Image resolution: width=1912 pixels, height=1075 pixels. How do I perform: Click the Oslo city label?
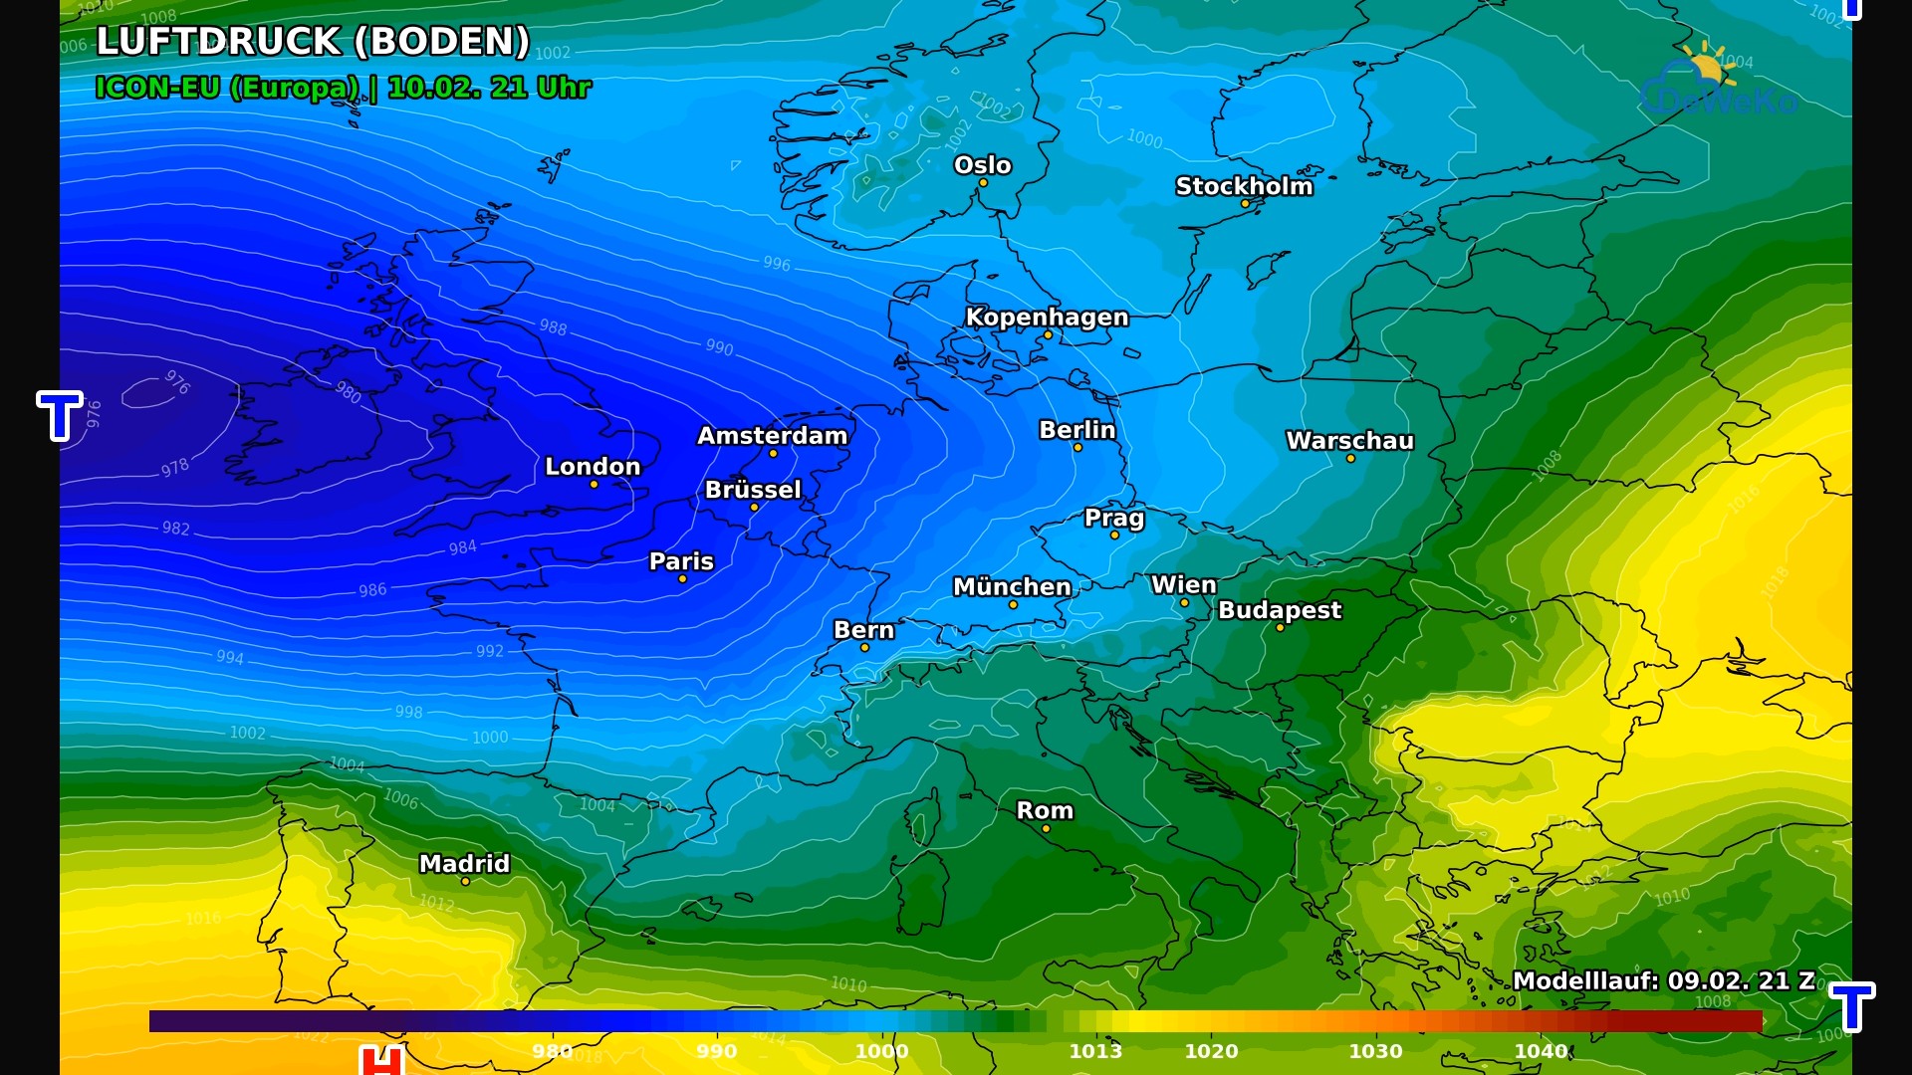(982, 165)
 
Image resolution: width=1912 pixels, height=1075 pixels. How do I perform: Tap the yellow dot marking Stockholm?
(1245, 204)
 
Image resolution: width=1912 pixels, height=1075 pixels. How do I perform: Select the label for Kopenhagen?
(1047, 318)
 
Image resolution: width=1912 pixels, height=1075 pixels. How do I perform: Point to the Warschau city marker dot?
(1350, 459)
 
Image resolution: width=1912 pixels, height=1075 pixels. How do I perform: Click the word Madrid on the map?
(464, 864)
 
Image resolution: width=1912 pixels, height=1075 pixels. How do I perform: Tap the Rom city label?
(1045, 811)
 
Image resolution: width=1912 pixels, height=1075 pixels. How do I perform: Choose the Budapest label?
(1280, 610)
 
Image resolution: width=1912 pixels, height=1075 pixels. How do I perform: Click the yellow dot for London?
(594, 485)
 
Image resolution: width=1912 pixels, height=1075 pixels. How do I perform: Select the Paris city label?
(681, 561)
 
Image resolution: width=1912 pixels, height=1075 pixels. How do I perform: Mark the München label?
(1012, 587)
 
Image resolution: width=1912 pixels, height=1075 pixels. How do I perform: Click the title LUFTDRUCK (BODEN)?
(313, 42)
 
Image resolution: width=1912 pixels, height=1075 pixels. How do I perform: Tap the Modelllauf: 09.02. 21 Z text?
(1663, 981)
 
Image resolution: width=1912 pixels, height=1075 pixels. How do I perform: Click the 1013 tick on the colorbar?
(1095, 1051)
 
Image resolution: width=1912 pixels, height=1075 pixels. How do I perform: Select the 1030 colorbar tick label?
(1375, 1051)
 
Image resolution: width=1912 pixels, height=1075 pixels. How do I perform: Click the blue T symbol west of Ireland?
(60, 415)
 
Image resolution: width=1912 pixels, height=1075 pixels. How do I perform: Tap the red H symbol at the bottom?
(381, 1061)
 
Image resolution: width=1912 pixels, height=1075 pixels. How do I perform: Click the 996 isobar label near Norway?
(777, 264)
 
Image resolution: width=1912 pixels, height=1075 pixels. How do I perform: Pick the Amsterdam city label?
(772, 436)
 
